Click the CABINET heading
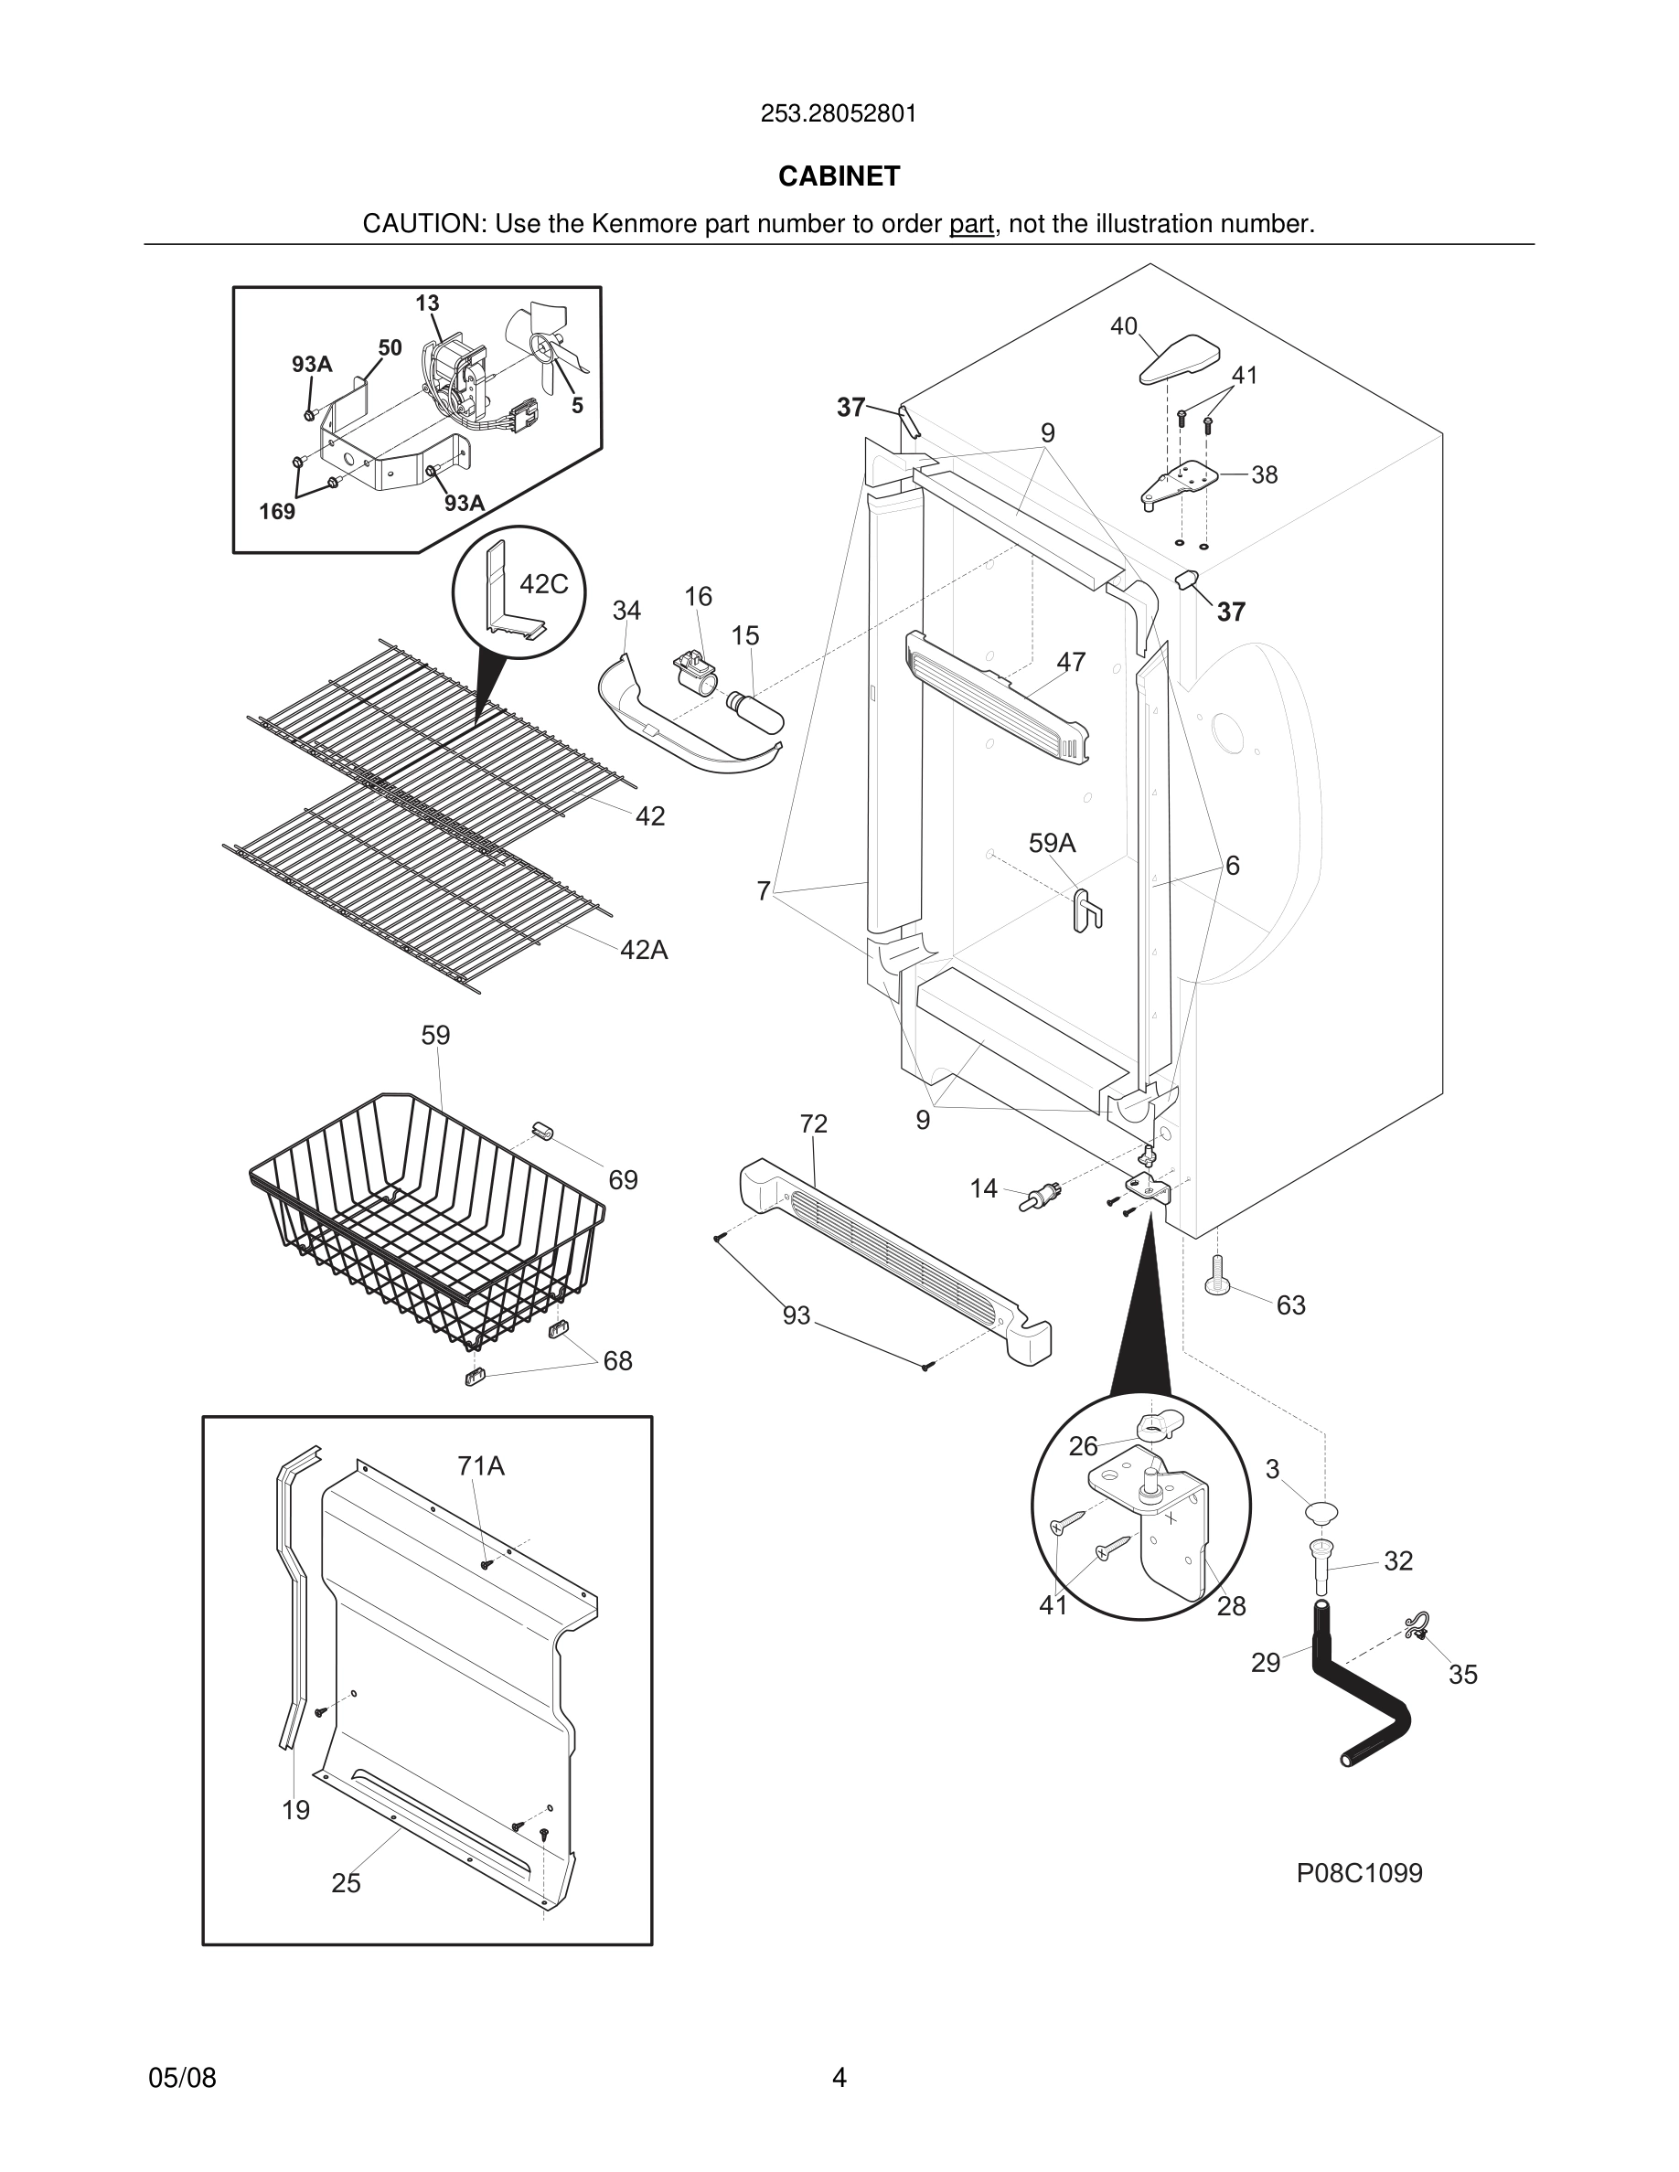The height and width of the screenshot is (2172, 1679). pyautogui.click(x=839, y=176)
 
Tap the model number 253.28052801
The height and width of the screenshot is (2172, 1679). pyautogui.click(x=839, y=114)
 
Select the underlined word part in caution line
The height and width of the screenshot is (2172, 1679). pyautogui.click(x=971, y=225)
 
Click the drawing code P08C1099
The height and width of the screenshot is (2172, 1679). pyautogui.click(x=1359, y=1874)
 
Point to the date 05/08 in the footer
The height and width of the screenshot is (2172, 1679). pyautogui.click(x=182, y=2078)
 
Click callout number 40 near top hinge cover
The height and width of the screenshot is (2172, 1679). pyautogui.click(x=1123, y=326)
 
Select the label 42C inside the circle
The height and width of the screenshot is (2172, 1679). pyautogui.click(x=544, y=585)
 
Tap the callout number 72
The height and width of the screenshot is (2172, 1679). pyautogui.click(x=814, y=1123)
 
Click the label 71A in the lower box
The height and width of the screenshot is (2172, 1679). pyautogui.click(x=480, y=1466)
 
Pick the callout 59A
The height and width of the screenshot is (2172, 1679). pyautogui.click(x=1052, y=844)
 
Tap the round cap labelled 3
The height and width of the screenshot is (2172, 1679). pyautogui.click(x=1321, y=1513)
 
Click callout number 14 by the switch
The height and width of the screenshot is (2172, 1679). pyautogui.click(x=983, y=1188)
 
